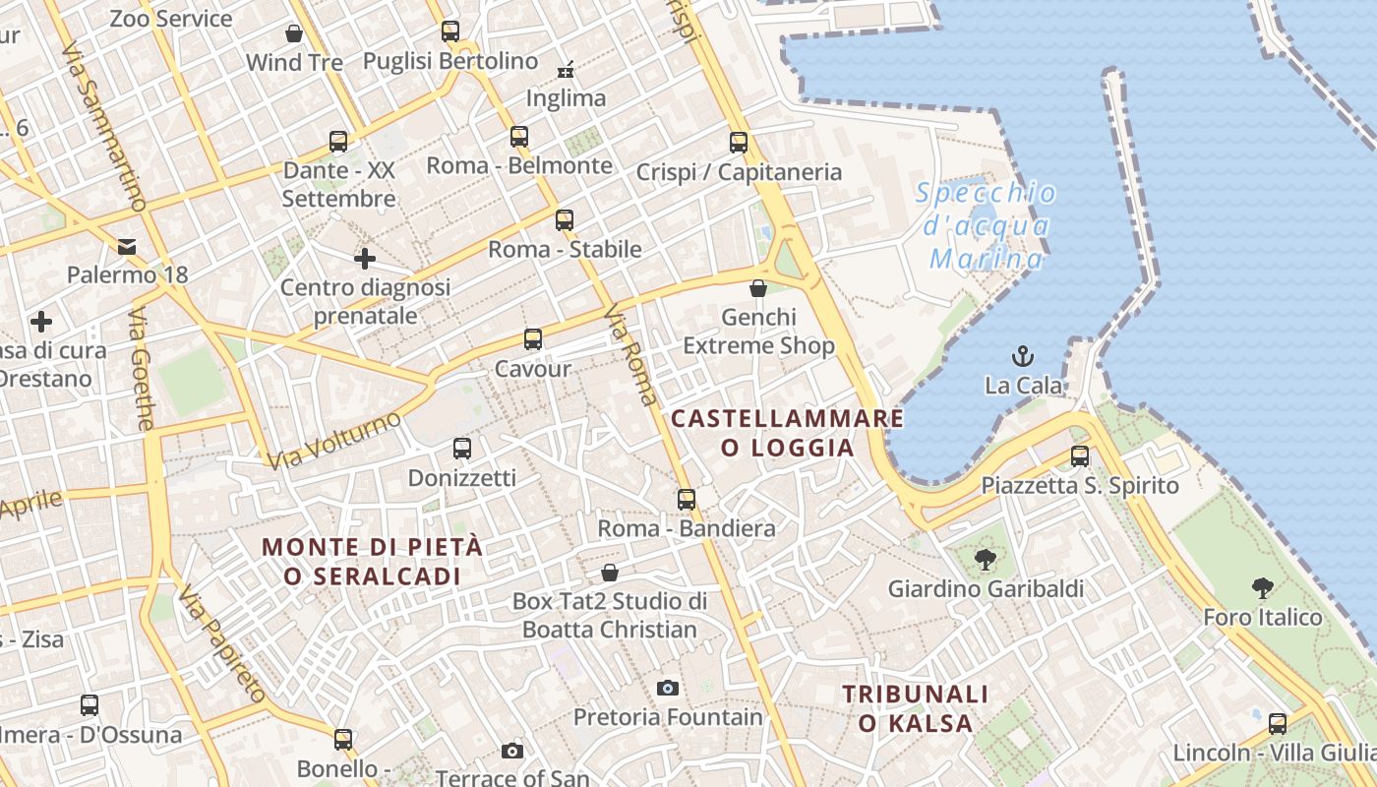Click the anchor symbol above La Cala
click(x=1024, y=355)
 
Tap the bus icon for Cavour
click(x=533, y=339)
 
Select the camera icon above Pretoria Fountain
click(x=668, y=688)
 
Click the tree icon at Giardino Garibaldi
click(x=985, y=560)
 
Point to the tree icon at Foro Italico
click(x=1263, y=588)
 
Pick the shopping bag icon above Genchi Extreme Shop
click(x=758, y=288)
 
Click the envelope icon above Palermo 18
click(x=127, y=246)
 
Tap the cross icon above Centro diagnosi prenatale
click(x=365, y=259)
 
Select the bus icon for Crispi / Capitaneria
click(x=739, y=143)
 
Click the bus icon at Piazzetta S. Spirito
click(x=1080, y=456)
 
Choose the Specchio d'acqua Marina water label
click(x=987, y=225)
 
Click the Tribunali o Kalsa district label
click(x=915, y=708)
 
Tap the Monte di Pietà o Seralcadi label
click(x=373, y=561)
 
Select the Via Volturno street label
click(x=334, y=439)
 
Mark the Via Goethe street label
click(x=142, y=369)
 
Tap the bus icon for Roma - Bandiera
click(x=687, y=500)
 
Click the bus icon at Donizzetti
click(x=462, y=449)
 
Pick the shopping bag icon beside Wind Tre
click(x=293, y=34)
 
